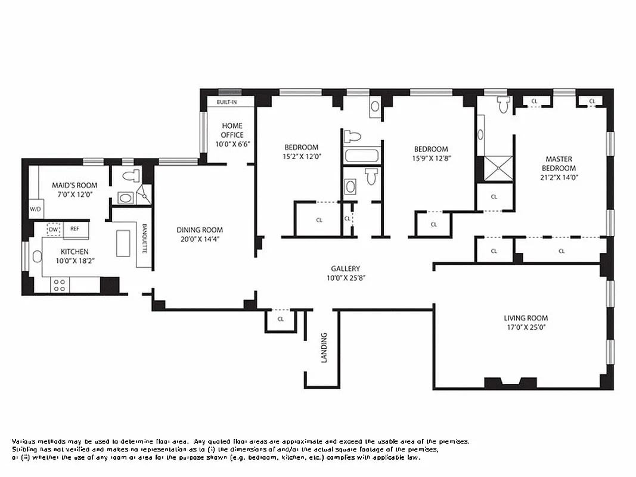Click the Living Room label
click(525, 318)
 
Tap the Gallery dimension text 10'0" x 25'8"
click(346, 278)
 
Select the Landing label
click(324, 348)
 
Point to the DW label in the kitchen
click(54, 229)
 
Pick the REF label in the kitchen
click(75, 228)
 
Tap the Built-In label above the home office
click(227, 103)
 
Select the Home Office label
click(232, 130)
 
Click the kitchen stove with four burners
click(59, 285)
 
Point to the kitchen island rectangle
click(123, 243)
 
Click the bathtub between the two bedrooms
click(362, 157)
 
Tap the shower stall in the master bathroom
click(498, 168)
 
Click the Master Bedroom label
click(559, 163)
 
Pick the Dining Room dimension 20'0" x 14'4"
click(200, 240)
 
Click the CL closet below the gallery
click(281, 320)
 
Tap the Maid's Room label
click(75, 185)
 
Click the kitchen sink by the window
click(37, 257)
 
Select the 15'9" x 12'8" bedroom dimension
click(431, 159)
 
